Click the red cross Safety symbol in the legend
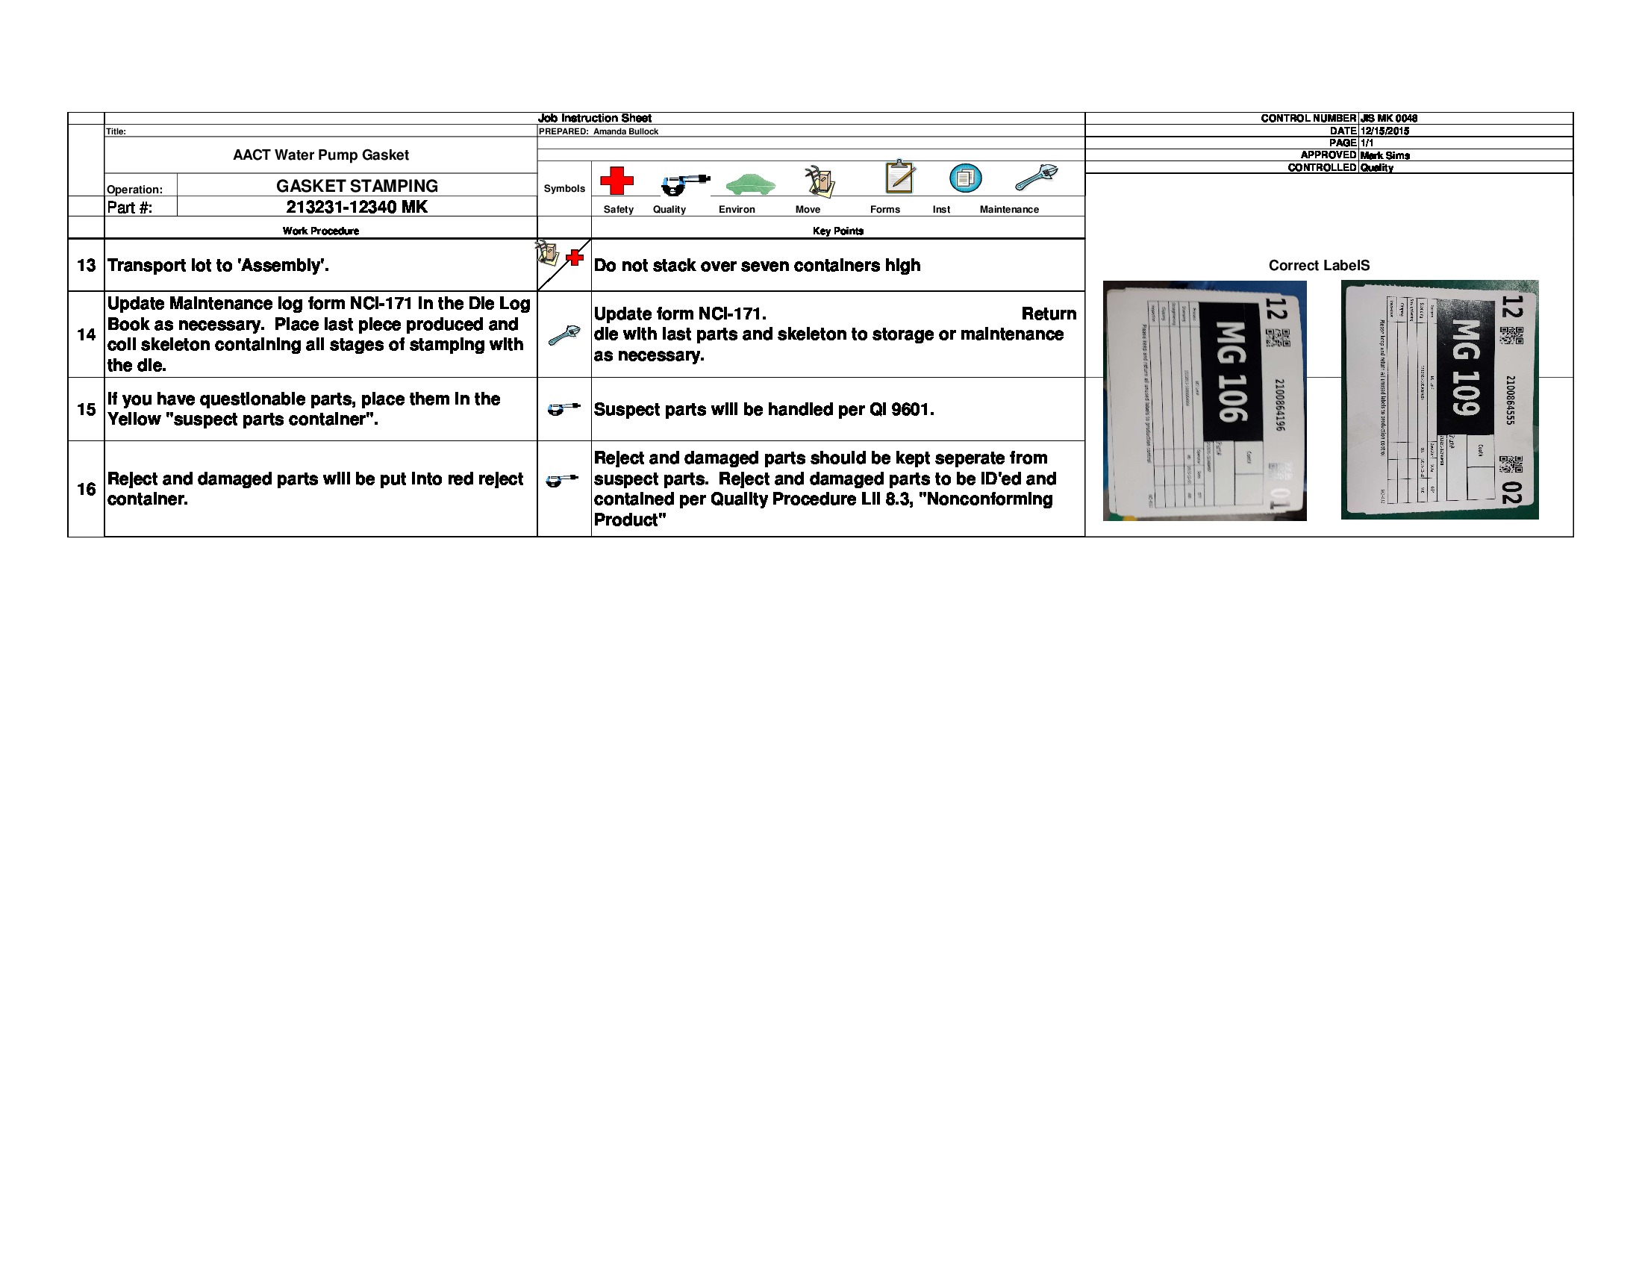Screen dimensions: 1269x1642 (616, 181)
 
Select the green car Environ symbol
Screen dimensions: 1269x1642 (750, 184)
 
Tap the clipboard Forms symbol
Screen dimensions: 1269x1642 (900, 177)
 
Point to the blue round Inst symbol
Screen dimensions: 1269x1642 (965, 178)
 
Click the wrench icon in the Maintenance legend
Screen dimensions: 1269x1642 (1036, 178)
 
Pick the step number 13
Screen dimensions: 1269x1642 (87, 266)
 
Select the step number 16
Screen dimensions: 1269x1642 (87, 490)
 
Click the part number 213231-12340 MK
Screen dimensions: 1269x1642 (356, 207)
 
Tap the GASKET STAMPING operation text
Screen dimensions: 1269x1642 (356, 186)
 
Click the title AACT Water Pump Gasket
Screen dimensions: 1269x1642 (321, 155)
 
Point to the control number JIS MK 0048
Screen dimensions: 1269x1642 (1388, 118)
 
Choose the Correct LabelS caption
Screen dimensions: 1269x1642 (1319, 266)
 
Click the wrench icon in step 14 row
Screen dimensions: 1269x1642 (564, 334)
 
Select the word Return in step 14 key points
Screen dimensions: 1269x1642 (1048, 314)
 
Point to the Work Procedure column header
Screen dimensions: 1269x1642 (320, 231)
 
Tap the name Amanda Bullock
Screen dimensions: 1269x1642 (625, 131)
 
